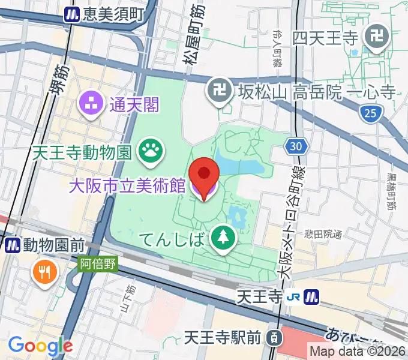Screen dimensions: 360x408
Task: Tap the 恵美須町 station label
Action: (x=113, y=13)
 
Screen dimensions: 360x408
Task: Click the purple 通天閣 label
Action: (x=134, y=106)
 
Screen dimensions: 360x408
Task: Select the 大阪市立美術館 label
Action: (x=127, y=186)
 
